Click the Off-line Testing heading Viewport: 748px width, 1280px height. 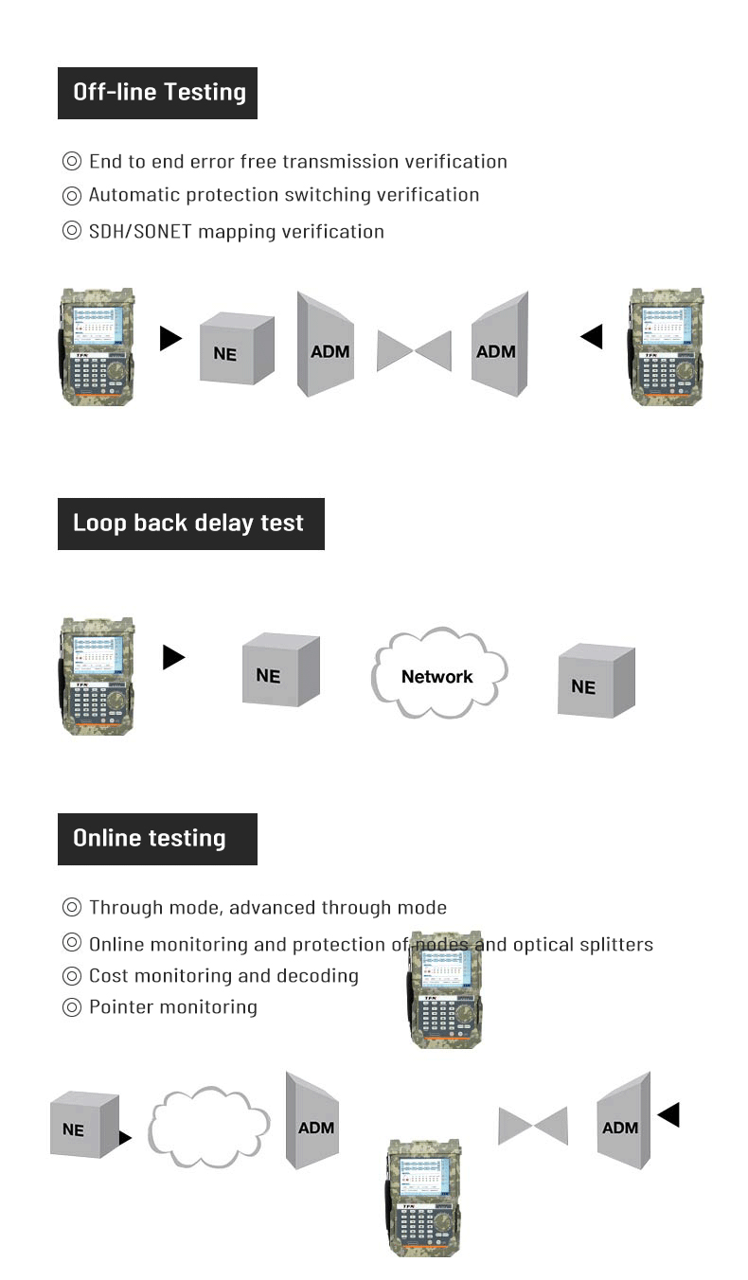(x=158, y=92)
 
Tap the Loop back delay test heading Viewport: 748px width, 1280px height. (x=188, y=523)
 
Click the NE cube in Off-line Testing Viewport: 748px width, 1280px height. (x=236, y=350)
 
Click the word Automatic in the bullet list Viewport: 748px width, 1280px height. (x=134, y=195)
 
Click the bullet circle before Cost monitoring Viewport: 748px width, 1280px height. (x=72, y=976)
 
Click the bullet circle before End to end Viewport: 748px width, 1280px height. (x=72, y=162)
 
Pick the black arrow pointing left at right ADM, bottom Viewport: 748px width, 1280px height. (x=668, y=1114)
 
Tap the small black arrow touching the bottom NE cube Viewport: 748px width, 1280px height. (x=125, y=1137)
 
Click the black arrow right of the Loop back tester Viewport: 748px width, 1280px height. (x=173, y=657)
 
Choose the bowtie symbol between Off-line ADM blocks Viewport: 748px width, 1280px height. (x=414, y=350)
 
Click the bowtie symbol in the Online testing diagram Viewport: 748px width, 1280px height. (x=533, y=1126)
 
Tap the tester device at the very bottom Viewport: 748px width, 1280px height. (x=423, y=1198)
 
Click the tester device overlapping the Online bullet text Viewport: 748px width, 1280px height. (x=445, y=989)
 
